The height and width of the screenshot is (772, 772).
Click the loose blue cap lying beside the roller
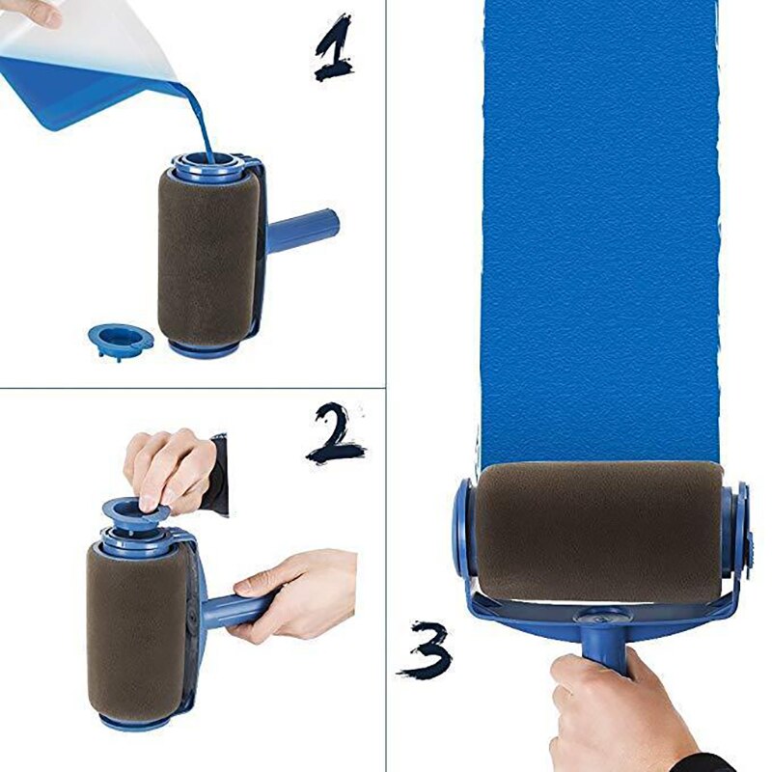click(120, 339)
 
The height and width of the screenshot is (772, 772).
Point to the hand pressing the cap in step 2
click(172, 468)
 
